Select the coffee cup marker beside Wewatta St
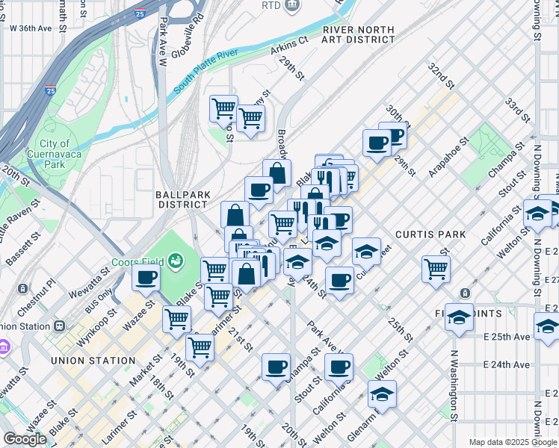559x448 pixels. [x=146, y=278]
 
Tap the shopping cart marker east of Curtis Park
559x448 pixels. [x=436, y=268]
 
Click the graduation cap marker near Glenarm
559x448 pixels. [x=382, y=393]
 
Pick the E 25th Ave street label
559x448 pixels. [x=507, y=337]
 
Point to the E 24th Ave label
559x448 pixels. [x=507, y=365]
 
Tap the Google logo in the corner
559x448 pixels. [x=25, y=439]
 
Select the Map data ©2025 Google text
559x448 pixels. [x=511, y=442]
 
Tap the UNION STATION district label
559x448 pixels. [x=93, y=361]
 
